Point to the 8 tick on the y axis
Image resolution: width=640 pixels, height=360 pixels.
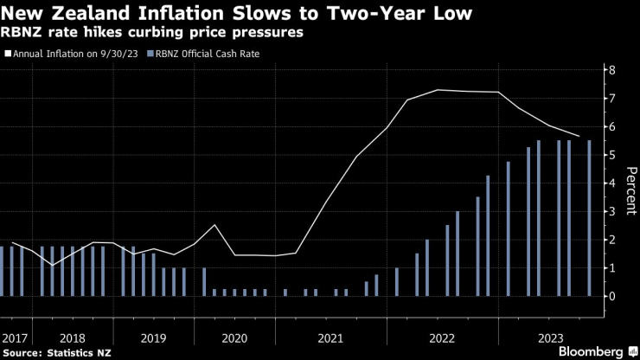(x=611, y=70)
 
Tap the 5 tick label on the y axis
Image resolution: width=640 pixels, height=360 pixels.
(x=611, y=155)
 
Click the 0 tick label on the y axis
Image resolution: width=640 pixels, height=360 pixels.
(x=611, y=296)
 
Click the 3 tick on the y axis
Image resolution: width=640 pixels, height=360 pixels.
(x=611, y=211)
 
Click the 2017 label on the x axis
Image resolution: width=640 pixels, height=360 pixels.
(x=15, y=337)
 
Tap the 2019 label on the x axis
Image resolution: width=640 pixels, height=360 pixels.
(x=153, y=337)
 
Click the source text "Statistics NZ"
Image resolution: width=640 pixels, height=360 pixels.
(x=76, y=353)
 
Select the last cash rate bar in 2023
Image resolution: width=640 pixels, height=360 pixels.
(x=590, y=218)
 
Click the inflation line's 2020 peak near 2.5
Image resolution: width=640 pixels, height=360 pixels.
(x=214, y=225)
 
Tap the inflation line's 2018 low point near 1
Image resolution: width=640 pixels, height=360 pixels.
(x=52, y=265)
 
